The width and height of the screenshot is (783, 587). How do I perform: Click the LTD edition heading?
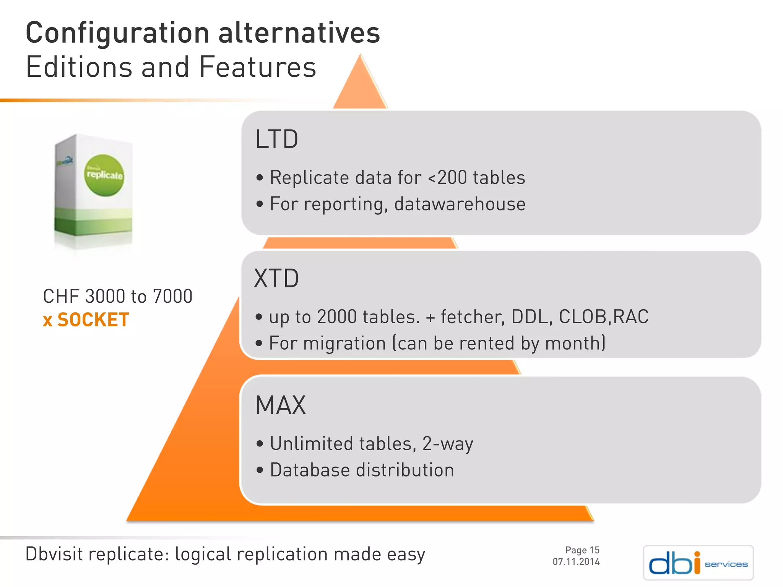(x=276, y=139)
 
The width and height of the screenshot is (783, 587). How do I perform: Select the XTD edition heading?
(x=276, y=279)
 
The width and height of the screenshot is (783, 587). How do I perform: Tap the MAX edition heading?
(x=281, y=405)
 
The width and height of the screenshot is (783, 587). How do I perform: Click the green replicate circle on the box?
(x=104, y=175)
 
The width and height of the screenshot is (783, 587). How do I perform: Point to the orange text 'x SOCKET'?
(x=86, y=320)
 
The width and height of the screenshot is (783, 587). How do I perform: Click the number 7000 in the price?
(x=172, y=297)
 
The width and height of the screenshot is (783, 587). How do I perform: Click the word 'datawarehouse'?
(x=460, y=204)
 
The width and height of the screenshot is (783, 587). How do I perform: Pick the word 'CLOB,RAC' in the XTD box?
(x=604, y=317)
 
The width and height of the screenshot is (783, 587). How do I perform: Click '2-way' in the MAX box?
(x=448, y=444)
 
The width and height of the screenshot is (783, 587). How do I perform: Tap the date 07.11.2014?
(x=576, y=562)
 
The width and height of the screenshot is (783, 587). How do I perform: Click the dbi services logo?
(x=698, y=563)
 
